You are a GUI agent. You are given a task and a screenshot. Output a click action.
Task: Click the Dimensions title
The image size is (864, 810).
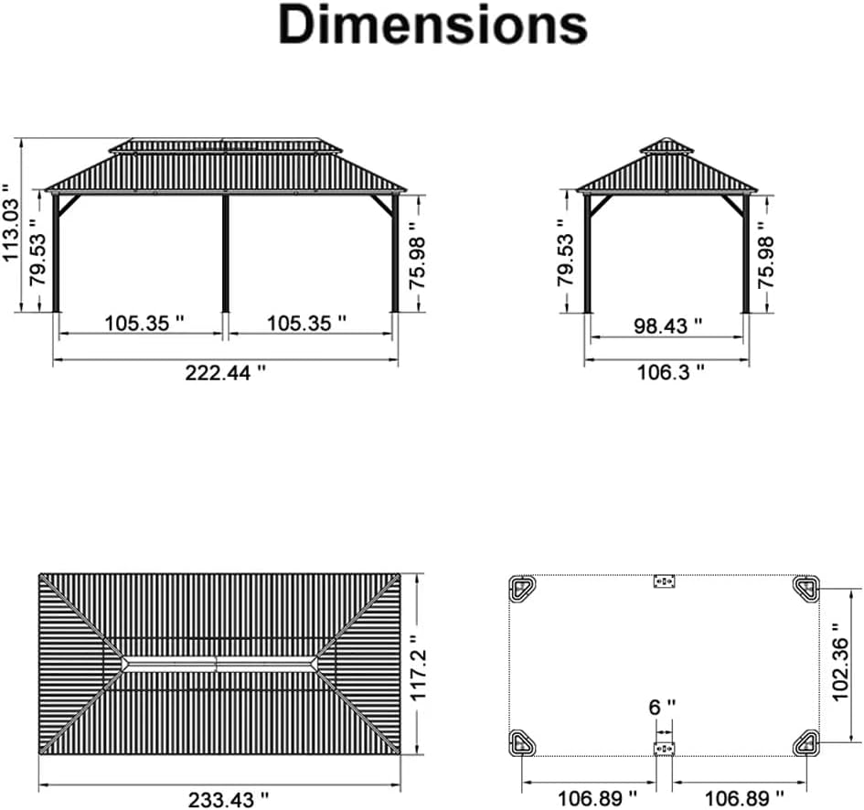(x=433, y=25)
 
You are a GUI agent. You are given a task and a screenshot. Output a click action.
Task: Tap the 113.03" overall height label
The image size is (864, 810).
(x=11, y=222)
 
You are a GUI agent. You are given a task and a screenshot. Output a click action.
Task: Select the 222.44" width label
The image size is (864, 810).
(x=225, y=373)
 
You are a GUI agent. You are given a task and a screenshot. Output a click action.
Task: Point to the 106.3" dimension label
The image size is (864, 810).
(x=670, y=372)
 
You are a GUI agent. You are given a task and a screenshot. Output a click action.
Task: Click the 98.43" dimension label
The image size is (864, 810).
(x=667, y=325)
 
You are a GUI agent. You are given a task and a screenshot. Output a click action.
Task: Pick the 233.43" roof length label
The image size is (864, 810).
(x=229, y=800)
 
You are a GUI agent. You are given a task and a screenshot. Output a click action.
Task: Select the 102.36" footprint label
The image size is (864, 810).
(x=840, y=662)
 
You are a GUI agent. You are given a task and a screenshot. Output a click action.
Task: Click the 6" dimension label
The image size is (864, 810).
(x=662, y=707)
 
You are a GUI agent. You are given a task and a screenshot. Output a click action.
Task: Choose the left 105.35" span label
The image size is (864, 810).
(x=144, y=323)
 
